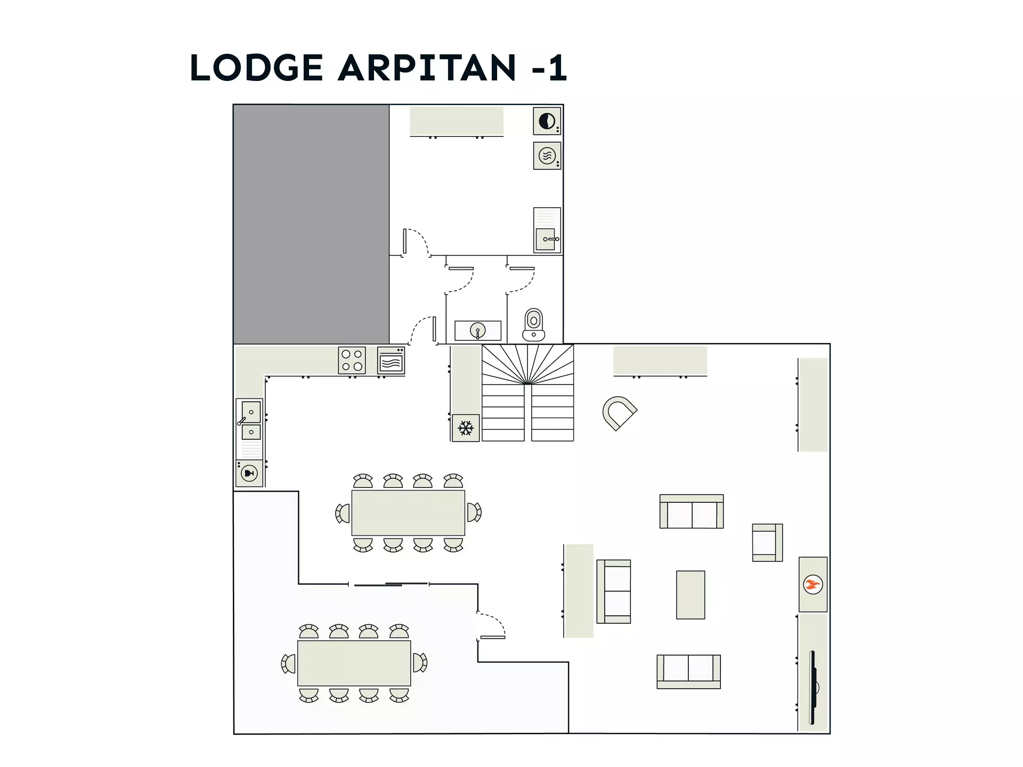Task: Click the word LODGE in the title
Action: (x=256, y=68)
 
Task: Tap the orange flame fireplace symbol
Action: (x=813, y=584)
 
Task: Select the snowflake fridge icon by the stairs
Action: (x=466, y=428)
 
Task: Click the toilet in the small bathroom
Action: (x=533, y=324)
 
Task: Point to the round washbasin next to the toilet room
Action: (x=477, y=331)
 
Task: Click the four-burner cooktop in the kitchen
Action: (x=352, y=360)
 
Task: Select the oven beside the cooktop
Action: (x=391, y=361)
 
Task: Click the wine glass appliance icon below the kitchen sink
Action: (x=249, y=473)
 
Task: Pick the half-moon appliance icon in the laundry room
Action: (x=547, y=121)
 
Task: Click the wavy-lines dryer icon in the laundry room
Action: (x=547, y=156)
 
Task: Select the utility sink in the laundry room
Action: (x=547, y=230)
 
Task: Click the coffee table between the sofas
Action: (x=691, y=595)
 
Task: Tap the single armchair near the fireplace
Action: (x=767, y=542)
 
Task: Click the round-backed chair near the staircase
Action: (x=619, y=413)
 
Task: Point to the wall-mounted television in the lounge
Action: (x=813, y=687)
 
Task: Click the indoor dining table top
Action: (x=408, y=512)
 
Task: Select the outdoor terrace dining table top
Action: (x=354, y=663)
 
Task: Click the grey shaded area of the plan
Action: (x=311, y=224)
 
